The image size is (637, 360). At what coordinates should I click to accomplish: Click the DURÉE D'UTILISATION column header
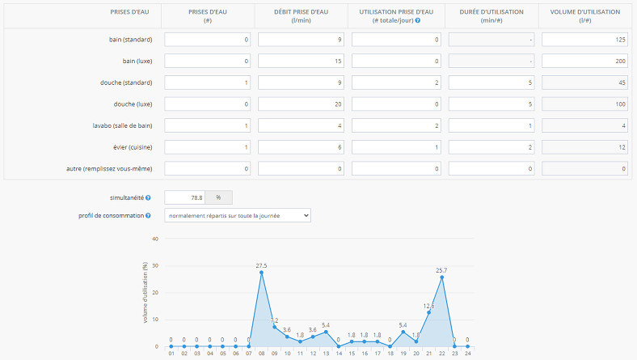pyautogui.click(x=491, y=15)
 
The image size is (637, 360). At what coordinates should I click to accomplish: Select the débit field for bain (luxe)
pyautogui.click(x=302, y=61)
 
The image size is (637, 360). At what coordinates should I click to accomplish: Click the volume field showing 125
pyautogui.click(x=584, y=39)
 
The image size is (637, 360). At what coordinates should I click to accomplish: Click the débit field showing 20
pyautogui.click(x=302, y=104)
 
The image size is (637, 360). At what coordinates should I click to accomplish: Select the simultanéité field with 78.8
pyautogui.click(x=184, y=197)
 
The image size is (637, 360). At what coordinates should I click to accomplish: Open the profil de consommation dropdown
pyautogui.click(x=237, y=215)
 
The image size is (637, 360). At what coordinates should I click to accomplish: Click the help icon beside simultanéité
pyautogui.click(x=148, y=197)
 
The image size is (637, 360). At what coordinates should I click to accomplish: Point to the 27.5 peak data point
pyautogui.click(x=261, y=273)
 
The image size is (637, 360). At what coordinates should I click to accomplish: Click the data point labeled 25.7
pyautogui.click(x=441, y=277)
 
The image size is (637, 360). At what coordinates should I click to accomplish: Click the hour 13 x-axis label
pyautogui.click(x=326, y=354)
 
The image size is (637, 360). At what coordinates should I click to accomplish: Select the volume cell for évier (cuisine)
pyautogui.click(x=584, y=146)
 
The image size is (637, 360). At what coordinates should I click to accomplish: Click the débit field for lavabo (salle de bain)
pyautogui.click(x=302, y=125)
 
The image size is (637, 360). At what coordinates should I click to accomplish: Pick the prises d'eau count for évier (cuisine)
pyautogui.click(x=208, y=146)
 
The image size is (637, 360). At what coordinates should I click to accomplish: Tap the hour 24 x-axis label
pyautogui.click(x=467, y=354)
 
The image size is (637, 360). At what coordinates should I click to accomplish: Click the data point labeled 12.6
pyautogui.click(x=428, y=312)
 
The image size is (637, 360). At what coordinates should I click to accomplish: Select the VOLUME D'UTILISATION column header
pyautogui.click(x=584, y=15)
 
